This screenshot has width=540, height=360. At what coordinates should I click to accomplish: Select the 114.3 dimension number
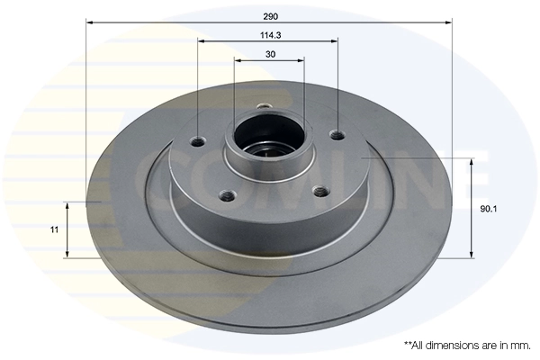click(x=268, y=36)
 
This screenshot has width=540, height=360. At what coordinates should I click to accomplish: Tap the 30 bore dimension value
click(x=269, y=55)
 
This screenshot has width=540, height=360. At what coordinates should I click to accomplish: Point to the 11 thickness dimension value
click(x=54, y=229)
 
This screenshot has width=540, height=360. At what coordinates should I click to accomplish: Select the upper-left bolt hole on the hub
click(x=199, y=141)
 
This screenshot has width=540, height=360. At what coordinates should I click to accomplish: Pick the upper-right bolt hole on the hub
click(x=337, y=136)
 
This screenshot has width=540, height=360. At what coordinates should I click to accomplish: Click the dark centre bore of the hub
click(x=267, y=140)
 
